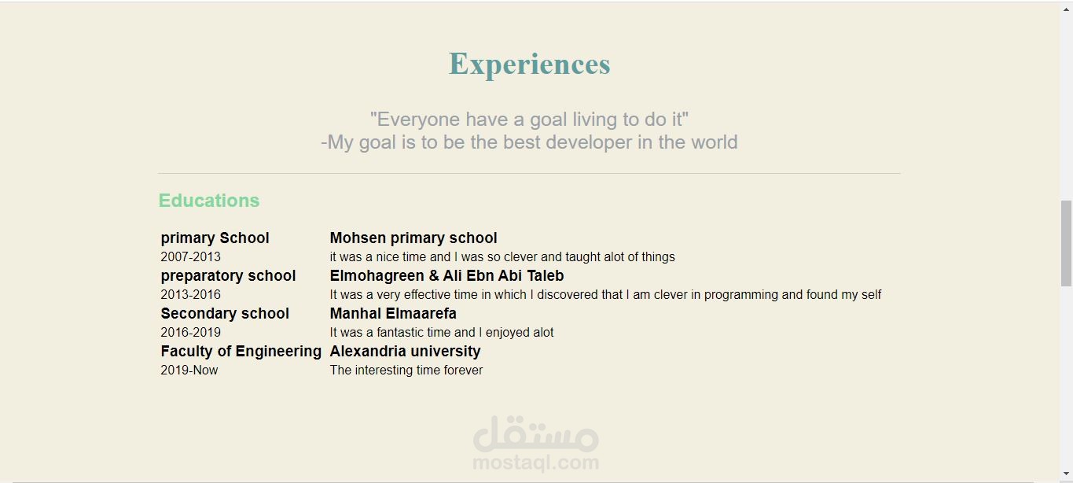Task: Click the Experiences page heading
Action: (529, 65)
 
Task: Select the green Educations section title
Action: (209, 201)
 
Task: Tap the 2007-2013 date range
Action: (191, 256)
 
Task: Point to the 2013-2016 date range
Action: (191, 295)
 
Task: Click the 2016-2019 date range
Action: (191, 333)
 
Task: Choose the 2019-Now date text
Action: (189, 371)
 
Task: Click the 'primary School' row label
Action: (215, 238)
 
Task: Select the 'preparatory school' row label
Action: (228, 276)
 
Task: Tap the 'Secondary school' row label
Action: (225, 313)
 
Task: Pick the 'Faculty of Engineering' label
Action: (241, 351)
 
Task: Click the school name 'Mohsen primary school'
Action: (413, 238)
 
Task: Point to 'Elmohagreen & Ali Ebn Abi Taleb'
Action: (446, 275)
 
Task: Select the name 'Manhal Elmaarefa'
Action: (393, 313)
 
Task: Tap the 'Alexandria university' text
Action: (405, 351)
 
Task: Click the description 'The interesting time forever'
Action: (406, 371)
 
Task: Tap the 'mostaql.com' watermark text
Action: (535, 463)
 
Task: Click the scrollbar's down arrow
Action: (1066, 474)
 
